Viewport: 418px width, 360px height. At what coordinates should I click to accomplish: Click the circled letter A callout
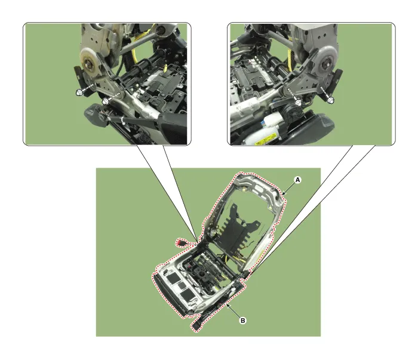[x=297, y=179]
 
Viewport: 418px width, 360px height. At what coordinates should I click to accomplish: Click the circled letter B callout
[x=242, y=321]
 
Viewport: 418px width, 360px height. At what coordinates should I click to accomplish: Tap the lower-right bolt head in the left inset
[x=105, y=101]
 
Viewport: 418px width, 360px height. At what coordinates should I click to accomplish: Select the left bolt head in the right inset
[x=298, y=102]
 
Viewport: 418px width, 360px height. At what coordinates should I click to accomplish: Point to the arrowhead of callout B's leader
[x=229, y=305]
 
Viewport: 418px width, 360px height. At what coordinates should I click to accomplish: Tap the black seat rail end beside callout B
[x=198, y=325]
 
